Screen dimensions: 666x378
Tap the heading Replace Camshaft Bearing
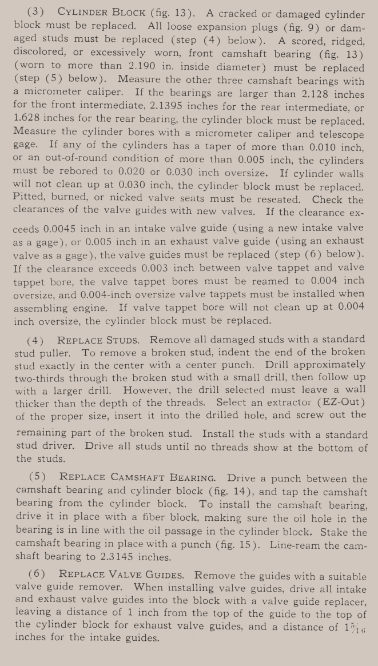[138, 477]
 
